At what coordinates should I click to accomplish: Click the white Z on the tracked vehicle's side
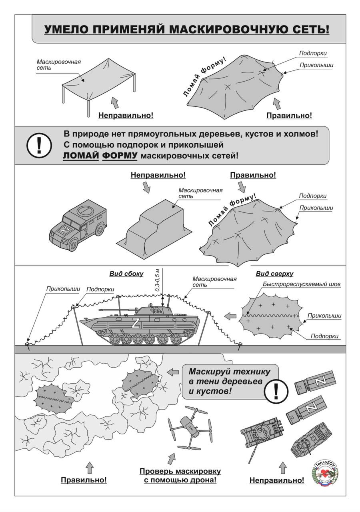[x=136, y=323]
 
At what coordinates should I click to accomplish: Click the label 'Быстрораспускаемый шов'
[x=302, y=284]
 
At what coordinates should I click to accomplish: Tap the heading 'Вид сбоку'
[x=126, y=274]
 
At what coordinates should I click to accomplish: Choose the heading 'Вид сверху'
[x=274, y=274]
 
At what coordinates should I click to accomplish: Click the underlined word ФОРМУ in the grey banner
[x=120, y=156]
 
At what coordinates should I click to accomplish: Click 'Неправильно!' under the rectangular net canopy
[x=126, y=116]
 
